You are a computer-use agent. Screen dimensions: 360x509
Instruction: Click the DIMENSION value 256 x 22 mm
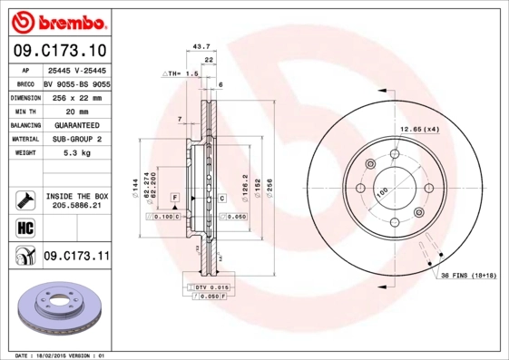tap(74, 96)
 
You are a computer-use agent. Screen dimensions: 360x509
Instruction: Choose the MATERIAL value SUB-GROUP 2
tap(75, 139)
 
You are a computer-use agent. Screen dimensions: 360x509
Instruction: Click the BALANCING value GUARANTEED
tap(74, 124)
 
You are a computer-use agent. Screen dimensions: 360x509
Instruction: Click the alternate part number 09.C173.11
tap(76, 258)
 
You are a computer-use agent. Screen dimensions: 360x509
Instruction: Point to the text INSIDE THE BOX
tap(76, 196)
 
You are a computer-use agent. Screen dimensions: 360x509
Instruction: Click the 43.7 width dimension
tap(203, 45)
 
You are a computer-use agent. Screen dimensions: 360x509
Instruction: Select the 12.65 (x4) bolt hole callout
tap(421, 130)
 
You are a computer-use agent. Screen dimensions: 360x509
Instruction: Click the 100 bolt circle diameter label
tap(382, 192)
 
